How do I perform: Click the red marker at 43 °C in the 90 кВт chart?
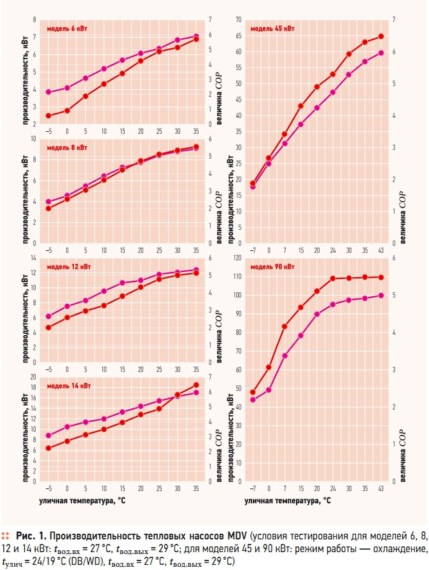[381, 277]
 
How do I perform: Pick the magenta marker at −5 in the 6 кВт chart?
[48, 92]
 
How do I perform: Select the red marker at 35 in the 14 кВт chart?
[196, 385]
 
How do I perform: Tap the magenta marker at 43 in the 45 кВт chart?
[381, 53]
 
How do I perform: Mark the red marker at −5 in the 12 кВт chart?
[48, 327]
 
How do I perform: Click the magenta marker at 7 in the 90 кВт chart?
[285, 355]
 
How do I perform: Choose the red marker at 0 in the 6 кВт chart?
[67, 110]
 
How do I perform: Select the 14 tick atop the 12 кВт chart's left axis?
[35, 258]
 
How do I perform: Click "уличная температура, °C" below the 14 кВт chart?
[84, 501]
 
